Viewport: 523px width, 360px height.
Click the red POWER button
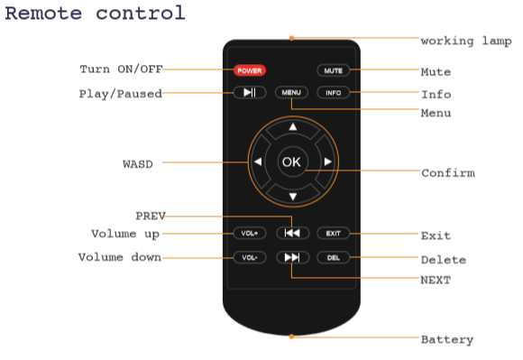(250, 70)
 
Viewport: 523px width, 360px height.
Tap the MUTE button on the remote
(334, 70)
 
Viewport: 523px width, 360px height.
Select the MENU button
(291, 92)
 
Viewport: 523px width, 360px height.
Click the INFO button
(334, 92)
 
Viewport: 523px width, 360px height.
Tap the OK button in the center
(291, 162)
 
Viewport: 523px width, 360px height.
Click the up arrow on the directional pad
(293, 127)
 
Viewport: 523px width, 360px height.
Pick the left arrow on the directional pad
(258, 162)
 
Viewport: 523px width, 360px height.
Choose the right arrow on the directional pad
(328, 162)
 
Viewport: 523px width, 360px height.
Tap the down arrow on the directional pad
(293, 197)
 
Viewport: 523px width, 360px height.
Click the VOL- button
(250, 257)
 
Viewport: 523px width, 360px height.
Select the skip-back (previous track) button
(293, 233)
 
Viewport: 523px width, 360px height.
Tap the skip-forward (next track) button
(293, 257)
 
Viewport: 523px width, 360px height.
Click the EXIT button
(334, 233)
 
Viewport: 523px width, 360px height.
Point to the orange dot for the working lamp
(291, 39)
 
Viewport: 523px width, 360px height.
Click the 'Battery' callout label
(447, 339)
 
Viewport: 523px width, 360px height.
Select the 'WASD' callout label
(138, 164)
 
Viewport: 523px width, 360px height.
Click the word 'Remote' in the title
(43, 13)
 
